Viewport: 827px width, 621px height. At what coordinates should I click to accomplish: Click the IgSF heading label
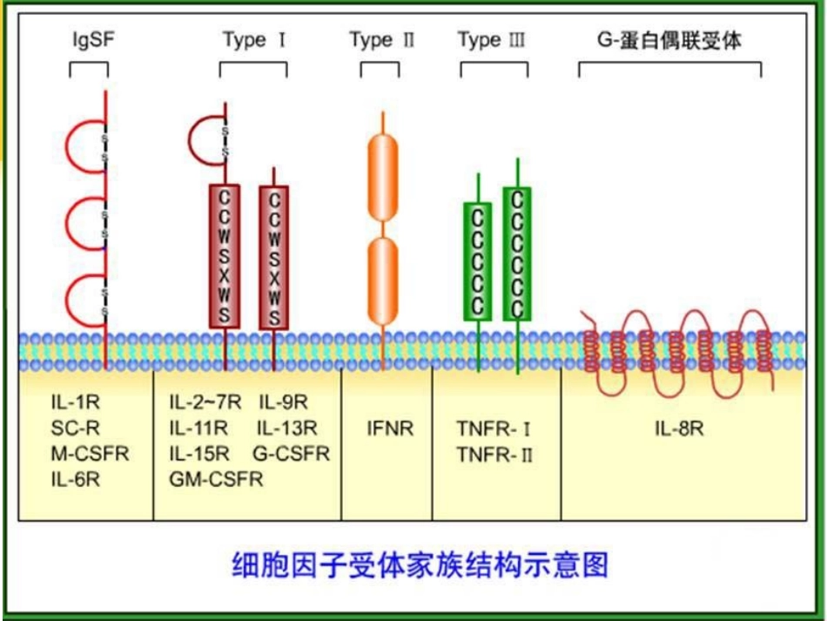point(91,40)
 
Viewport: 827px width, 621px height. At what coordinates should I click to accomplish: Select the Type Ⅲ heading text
point(491,40)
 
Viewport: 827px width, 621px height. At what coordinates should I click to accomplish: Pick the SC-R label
point(73,428)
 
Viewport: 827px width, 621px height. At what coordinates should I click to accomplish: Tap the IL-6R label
point(75,478)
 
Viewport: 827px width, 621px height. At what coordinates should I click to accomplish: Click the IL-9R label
point(283,402)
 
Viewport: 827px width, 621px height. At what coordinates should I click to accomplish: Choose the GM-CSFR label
point(216,478)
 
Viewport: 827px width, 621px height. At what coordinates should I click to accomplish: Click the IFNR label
point(389,429)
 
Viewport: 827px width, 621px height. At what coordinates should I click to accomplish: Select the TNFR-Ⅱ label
point(494,454)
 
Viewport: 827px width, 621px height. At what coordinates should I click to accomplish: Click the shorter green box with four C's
point(477,260)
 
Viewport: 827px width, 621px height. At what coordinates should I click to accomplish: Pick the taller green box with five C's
point(517,253)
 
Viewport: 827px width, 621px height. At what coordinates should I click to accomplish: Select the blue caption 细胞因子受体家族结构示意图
point(420,564)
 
